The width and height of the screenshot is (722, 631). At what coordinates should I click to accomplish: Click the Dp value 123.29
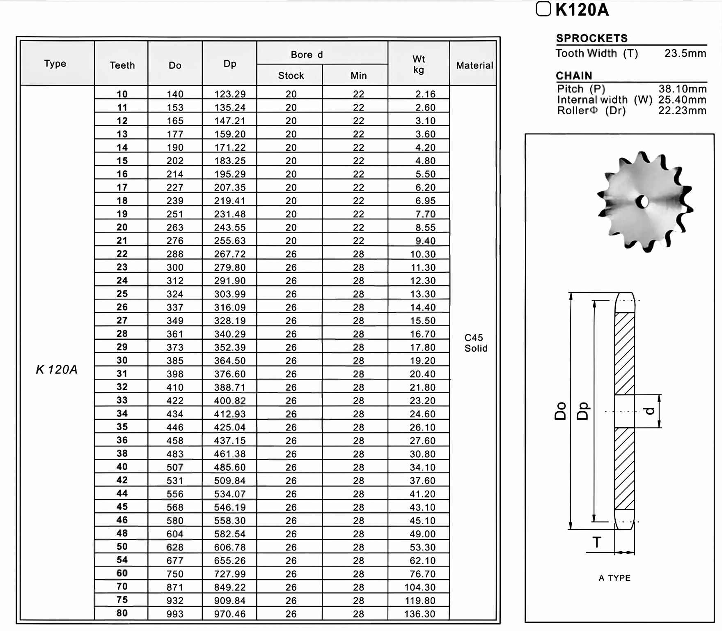[x=229, y=94]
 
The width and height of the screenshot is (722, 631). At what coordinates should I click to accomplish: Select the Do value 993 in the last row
[x=175, y=614]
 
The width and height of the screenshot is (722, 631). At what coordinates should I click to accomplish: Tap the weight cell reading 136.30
[x=419, y=614]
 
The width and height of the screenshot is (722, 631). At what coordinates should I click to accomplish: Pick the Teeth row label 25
[x=122, y=294]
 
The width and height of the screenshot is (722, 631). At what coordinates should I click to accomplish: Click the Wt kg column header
[x=418, y=64]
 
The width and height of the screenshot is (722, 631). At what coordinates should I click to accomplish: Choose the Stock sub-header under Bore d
[x=291, y=76]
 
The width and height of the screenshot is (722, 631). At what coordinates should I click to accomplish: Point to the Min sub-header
[x=358, y=76]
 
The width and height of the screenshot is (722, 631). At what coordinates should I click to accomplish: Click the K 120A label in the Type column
[x=57, y=370]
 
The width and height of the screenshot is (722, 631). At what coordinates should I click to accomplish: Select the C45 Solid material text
[x=475, y=343]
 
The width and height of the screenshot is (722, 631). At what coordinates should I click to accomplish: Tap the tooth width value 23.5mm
[x=685, y=53]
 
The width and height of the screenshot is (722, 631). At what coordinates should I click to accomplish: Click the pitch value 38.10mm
[x=682, y=89]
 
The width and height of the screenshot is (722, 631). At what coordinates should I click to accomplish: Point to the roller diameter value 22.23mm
[x=682, y=111]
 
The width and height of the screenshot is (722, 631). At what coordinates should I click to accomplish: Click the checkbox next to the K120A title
[x=543, y=9]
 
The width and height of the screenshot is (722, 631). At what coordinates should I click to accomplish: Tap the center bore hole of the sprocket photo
[x=643, y=202]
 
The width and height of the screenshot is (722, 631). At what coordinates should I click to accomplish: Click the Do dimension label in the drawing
[x=560, y=411]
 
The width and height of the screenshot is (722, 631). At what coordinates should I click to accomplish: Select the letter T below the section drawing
[x=597, y=542]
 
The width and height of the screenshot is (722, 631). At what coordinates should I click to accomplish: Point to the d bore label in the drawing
[x=649, y=411]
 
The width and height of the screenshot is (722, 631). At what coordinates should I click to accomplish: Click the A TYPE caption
[x=614, y=578]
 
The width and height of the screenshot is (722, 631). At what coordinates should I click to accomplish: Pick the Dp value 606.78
[x=229, y=547]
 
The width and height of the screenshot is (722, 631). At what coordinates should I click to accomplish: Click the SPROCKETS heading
[x=591, y=38]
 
